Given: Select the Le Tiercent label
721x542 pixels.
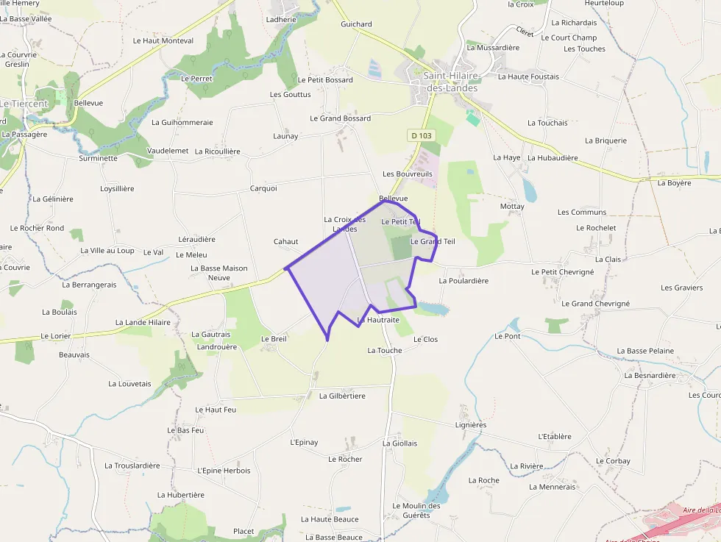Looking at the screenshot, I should tap(24, 104).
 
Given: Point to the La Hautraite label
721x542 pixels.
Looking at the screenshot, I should tap(378, 320).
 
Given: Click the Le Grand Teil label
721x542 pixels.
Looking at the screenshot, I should tap(433, 241).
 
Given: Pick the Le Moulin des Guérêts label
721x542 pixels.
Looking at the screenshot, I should tap(416, 510).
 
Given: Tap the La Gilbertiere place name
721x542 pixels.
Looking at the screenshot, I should tap(342, 396).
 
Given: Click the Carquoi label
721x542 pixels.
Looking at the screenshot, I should tap(263, 188).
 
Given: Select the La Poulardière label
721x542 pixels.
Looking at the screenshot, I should tap(464, 280).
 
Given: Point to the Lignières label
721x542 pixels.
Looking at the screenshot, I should tap(471, 425).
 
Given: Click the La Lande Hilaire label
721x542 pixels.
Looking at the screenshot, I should tap(143, 322).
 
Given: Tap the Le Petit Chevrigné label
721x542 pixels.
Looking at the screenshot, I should tap(562, 272).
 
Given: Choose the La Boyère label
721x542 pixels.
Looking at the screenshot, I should tap(674, 182).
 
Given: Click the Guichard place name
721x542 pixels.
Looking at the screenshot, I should tap(356, 24).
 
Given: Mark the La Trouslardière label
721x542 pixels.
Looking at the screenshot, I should tap(132, 466).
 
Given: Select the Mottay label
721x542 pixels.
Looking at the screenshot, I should tap(512, 207).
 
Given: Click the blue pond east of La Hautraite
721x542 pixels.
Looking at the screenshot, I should tap(432, 307).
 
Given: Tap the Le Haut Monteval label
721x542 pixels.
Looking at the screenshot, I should tap(163, 41).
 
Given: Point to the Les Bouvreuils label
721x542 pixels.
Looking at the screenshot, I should tap(407, 174).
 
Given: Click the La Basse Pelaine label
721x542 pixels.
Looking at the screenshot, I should tap(645, 351).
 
